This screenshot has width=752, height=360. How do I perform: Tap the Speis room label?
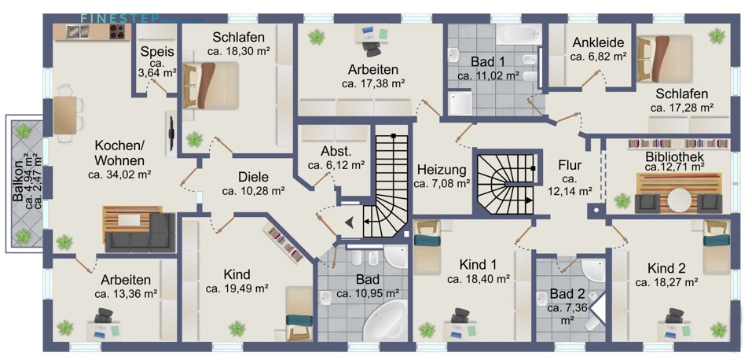coord(152,52)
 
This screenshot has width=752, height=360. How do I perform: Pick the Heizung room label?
coord(442,169)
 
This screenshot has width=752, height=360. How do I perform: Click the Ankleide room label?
coord(598,42)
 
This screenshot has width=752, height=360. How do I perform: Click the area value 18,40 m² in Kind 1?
coord(479,278)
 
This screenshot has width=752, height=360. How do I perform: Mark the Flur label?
coord(570,166)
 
